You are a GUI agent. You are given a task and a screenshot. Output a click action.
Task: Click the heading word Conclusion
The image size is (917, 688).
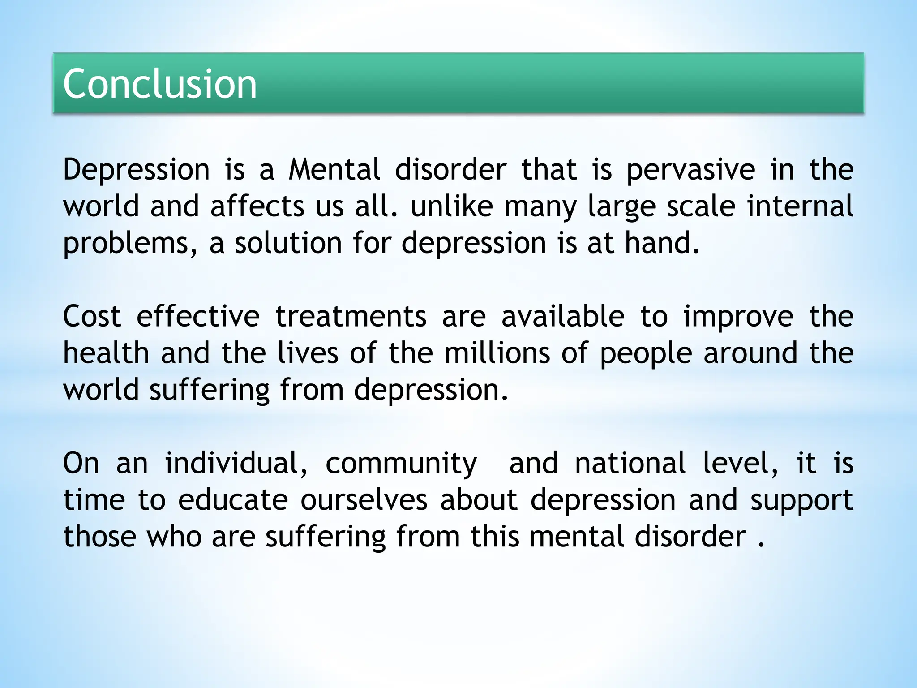[x=160, y=84]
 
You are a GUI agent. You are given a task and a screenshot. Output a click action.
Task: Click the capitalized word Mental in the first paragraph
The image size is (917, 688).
[x=334, y=170]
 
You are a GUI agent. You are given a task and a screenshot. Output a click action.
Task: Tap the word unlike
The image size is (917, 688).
[x=451, y=206]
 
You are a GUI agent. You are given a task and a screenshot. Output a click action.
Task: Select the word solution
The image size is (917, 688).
[x=288, y=243]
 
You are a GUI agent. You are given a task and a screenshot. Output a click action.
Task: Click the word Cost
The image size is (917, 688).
[x=92, y=317]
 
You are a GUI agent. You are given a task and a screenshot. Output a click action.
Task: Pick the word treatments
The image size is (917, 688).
[x=351, y=317]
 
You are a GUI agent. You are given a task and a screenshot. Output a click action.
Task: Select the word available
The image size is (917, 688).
[x=563, y=317]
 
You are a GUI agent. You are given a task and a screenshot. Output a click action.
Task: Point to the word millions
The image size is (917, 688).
[x=497, y=353]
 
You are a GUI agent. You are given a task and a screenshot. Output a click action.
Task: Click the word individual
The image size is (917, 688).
[x=236, y=464]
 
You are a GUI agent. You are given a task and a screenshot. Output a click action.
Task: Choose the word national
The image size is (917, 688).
[x=630, y=464]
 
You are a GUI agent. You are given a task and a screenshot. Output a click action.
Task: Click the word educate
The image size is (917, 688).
[x=233, y=500]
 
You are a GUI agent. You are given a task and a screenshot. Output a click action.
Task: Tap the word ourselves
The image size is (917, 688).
[x=364, y=500]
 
